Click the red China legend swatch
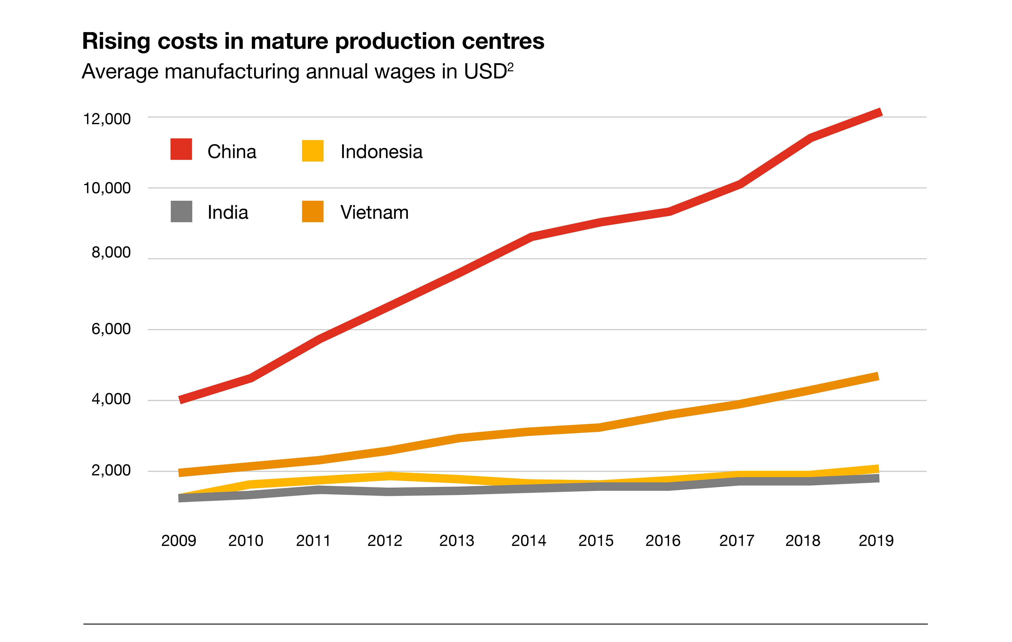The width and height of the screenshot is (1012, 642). (181, 149)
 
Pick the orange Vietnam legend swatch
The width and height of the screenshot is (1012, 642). (313, 211)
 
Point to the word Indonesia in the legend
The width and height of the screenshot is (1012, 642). (381, 152)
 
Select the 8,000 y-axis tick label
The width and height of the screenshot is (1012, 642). (111, 253)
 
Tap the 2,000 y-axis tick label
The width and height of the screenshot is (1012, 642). (111, 470)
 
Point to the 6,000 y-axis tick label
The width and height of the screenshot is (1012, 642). (111, 329)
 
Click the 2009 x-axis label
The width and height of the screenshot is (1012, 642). (179, 541)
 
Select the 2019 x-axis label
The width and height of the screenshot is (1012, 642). (876, 541)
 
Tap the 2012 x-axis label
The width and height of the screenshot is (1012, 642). (385, 541)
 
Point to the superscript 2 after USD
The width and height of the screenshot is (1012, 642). (510, 67)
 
